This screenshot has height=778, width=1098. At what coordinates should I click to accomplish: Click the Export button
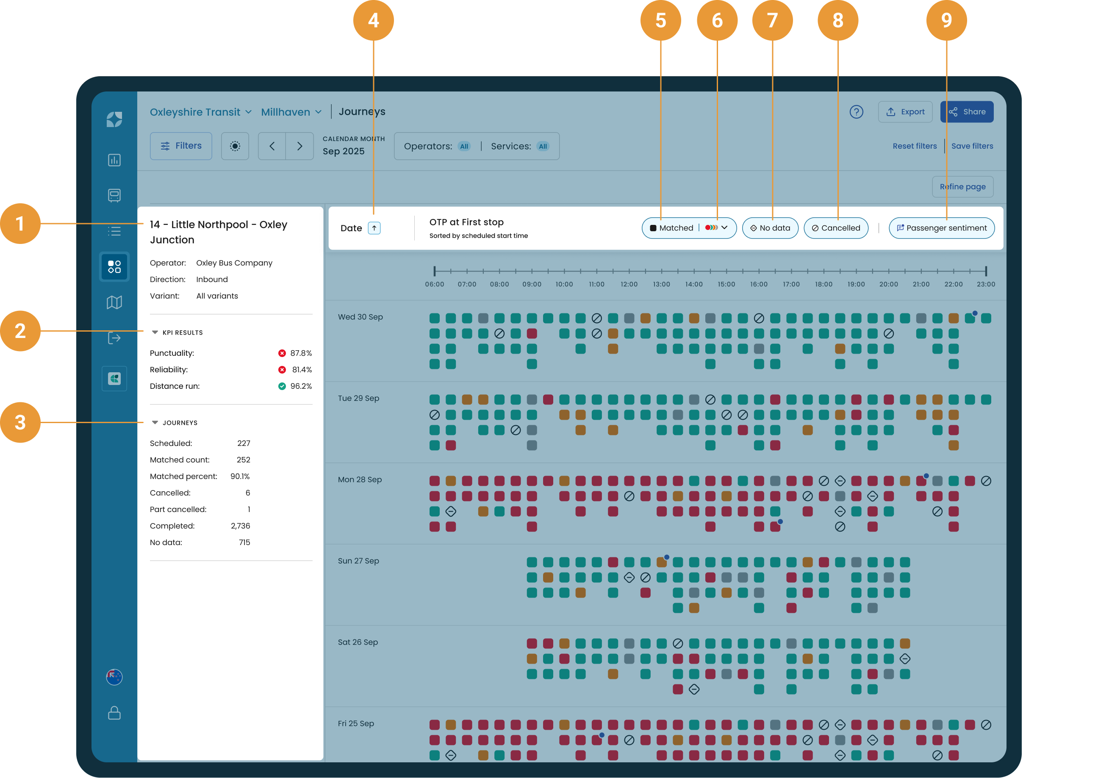[x=905, y=112]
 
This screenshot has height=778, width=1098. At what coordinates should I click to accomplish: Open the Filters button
[x=180, y=146]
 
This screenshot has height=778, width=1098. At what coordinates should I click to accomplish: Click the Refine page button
[x=962, y=186]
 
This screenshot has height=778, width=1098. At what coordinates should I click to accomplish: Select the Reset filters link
[x=915, y=146]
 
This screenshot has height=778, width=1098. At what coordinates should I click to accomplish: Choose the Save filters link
[x=972, y=146]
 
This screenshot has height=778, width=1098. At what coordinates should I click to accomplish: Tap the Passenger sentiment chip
[x=941, y=228]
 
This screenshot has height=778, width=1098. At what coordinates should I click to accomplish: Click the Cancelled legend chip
[x=835, y=228]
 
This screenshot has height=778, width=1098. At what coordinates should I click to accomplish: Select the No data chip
[x=770, y=228]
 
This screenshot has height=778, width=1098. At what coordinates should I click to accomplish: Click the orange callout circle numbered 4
[x=373, y=20]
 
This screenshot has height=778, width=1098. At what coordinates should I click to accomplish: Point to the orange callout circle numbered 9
[x=946, y=20]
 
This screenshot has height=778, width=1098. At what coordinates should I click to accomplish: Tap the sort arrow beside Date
[x=374, y=228]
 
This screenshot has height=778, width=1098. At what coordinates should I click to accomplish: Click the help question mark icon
[x=856, y=112]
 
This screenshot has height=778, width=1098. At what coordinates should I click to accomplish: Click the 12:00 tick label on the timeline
[x=629, y=284]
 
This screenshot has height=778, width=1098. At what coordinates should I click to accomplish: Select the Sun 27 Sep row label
[x=358, y=560]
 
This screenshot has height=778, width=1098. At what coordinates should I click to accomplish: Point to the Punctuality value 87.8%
[x=301, y=353]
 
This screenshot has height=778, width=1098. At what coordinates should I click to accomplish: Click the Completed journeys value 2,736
[x=241, y=526]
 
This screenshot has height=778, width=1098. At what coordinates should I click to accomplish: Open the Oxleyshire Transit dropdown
[x=200, y=112]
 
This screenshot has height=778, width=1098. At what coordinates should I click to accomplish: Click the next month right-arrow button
[x=299, y=146]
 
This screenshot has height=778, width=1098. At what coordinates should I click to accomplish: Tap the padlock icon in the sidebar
[x=114, y=712]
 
